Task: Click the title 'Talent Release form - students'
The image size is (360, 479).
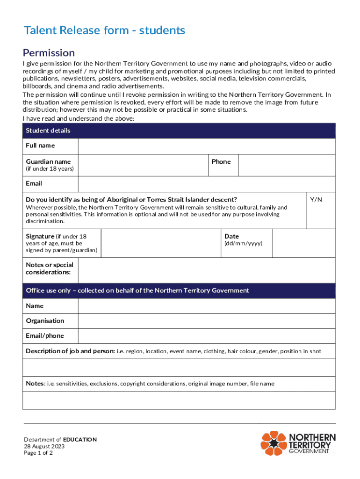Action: pos(105,31)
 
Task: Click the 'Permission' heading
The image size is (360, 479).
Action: pos(49,52)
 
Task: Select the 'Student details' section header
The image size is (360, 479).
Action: pos(48,131)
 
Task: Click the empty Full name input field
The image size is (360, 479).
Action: pos(206,146)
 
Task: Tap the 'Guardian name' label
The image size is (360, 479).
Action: pos(49,162)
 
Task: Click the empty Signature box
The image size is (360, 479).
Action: pos(160,243)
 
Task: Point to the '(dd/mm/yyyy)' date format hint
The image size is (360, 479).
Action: pos(244,244)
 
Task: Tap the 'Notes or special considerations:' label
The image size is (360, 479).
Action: pos(50,269)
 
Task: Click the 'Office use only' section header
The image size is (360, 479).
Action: pos(137,290)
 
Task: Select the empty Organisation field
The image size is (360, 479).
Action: pos(206,321)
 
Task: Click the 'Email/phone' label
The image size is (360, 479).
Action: pos(45,336)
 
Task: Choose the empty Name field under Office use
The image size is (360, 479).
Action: pos(206,306)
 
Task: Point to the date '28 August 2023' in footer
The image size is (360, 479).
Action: pos(44,446)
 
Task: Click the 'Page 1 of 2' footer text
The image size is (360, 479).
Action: pos(39,453)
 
